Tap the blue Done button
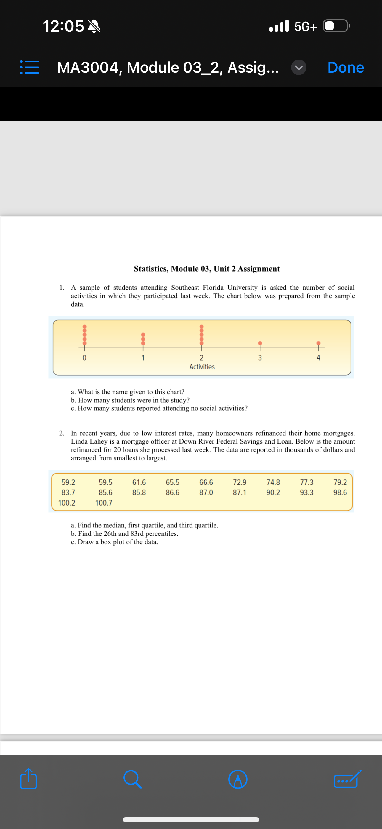(x=345, y=68)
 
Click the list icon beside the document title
(x=30, y=68)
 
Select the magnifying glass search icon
(x=132, y=779)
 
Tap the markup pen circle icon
(x=237, y=779)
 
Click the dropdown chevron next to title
(x=298, y=68)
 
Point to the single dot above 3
(x=260, y=343)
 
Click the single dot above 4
(x=318, y=343)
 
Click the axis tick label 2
(x=201, y=358)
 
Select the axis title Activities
(x=202, y=366)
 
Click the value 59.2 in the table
(x=68, y=482)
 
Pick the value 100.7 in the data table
(x=104, y=503)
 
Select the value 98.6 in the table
(x=340, y=492)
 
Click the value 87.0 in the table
(x=206, y=492)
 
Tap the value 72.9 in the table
(x=240, y=482)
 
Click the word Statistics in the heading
(x=151, y=269)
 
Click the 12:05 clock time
(x=63, y=26)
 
